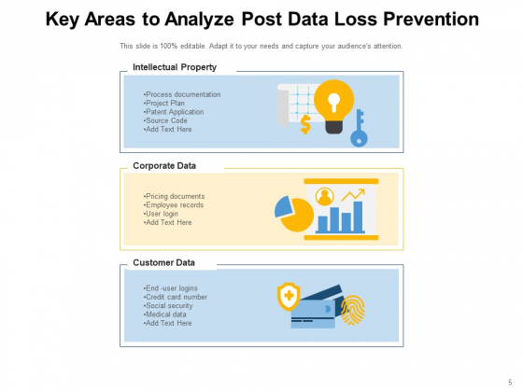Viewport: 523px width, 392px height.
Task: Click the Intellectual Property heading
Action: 175,67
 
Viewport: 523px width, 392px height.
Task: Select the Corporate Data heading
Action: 164,166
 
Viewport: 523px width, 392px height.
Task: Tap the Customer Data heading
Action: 163,262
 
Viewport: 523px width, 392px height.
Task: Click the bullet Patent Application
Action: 174,112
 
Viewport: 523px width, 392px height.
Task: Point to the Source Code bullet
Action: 165,120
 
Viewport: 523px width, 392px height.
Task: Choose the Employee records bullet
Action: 174,205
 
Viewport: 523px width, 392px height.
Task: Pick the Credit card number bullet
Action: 176,297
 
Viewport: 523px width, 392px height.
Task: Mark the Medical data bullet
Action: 164,315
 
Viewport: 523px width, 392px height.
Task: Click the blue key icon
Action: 360,129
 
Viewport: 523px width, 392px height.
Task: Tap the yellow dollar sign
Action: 305,124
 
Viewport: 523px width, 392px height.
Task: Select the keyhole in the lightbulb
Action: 333,102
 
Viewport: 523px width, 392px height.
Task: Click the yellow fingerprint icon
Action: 353,310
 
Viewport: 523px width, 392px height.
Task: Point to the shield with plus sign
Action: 289,297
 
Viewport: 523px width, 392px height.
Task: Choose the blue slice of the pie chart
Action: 284,206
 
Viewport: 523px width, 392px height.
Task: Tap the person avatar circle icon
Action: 325,196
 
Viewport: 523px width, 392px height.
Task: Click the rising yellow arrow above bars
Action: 353,195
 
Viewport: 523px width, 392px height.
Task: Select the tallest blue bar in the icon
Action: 358,217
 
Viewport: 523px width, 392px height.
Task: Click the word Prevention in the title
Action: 431,19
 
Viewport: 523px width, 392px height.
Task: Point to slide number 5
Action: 510,383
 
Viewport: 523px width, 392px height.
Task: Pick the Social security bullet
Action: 168,306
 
